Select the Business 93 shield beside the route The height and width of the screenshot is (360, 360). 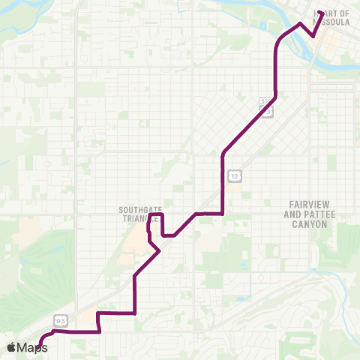tap(266, 108)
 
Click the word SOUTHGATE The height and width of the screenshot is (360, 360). tap(136, 210)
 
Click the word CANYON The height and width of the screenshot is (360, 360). tap(310, 223)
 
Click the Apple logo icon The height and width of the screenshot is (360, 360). tap(11, 347)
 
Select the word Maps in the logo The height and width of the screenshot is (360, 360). tap(32, 347)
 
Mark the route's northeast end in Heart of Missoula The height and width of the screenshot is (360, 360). tap(320, 13)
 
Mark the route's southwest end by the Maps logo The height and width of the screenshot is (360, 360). tap(40, 346)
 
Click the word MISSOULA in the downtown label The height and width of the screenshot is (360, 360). tap(336, 22)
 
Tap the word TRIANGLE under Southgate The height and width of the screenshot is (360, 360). tap(136, 218)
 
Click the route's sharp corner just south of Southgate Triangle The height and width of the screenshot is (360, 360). tap(160, 251)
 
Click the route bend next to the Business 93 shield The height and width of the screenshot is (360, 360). tap(277, 96)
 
